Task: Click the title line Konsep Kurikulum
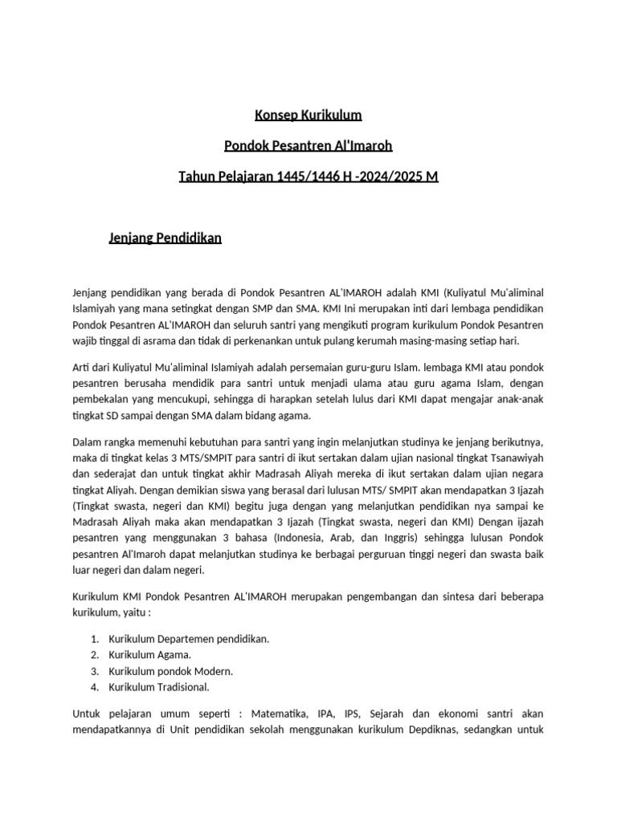(x=308, y=115)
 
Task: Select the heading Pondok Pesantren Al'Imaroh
(x=308, y=145)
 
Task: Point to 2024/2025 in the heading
(x=391, y=176)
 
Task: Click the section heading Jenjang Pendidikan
(x=165, y=238)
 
